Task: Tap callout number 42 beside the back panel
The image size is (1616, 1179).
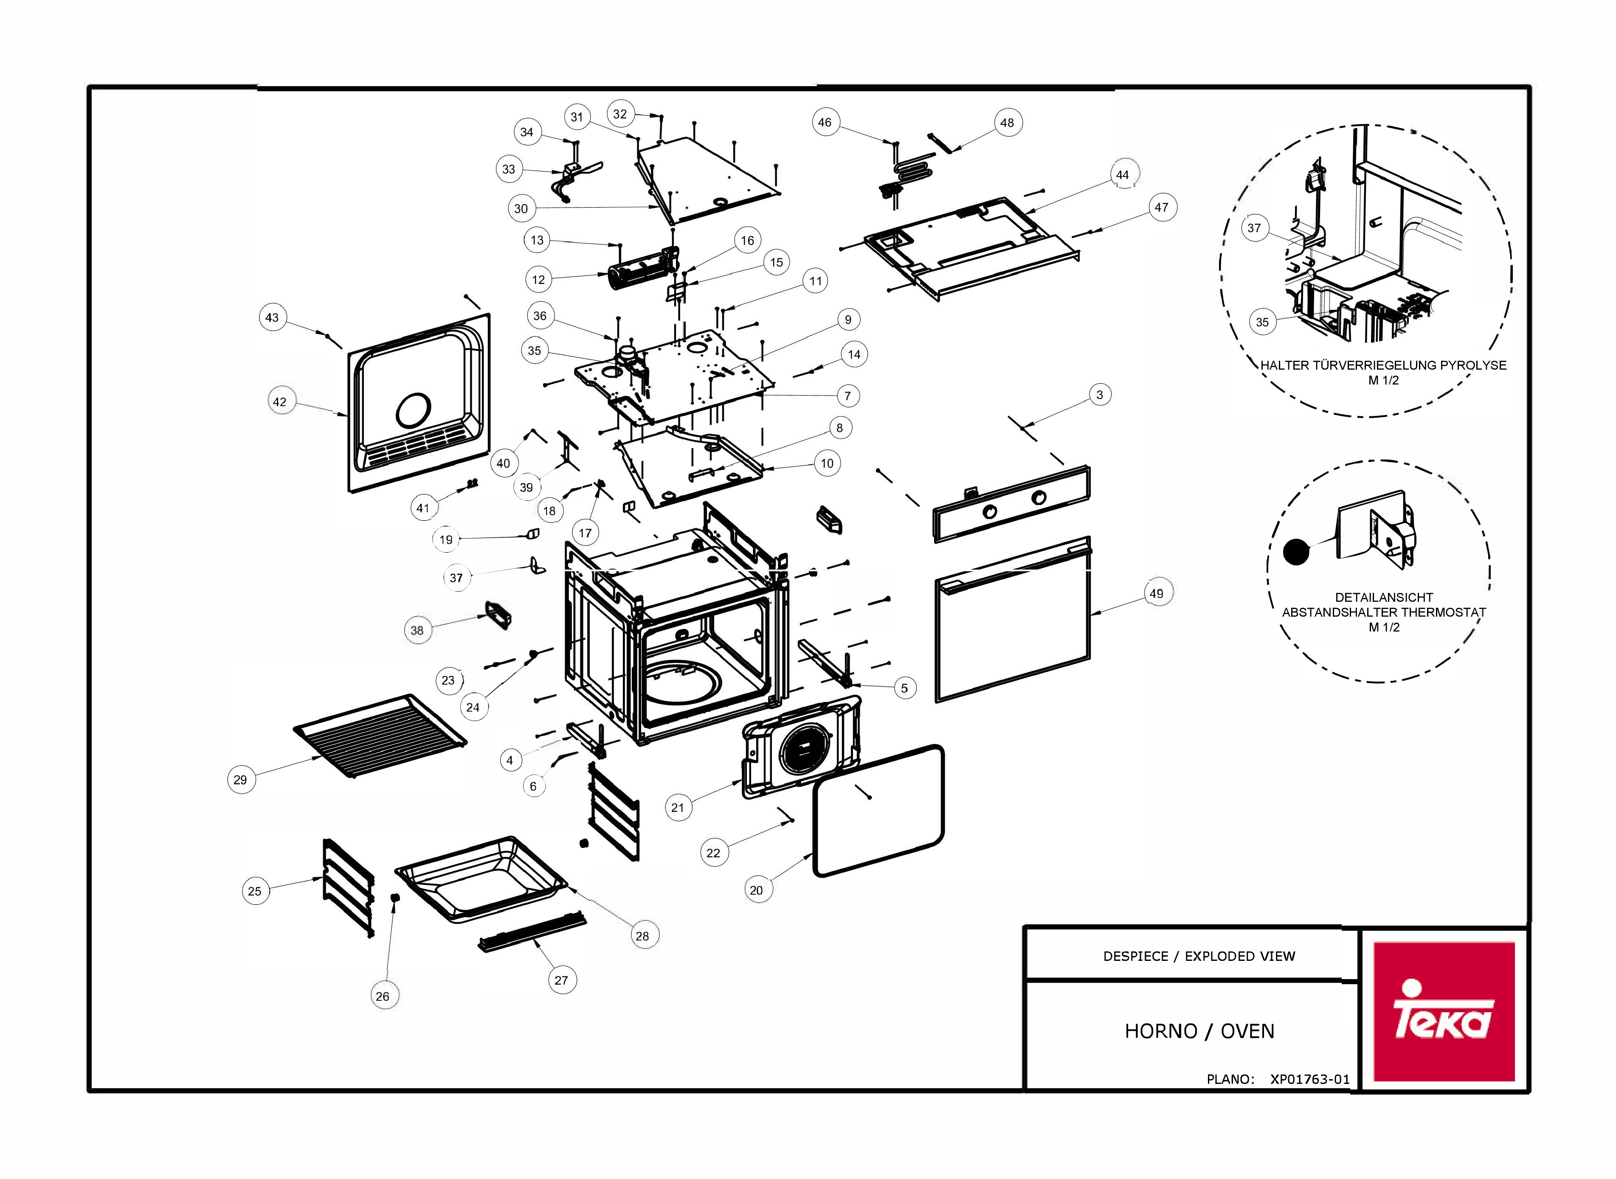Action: [x=280, y=402]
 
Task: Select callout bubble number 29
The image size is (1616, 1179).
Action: [x=241, y=779]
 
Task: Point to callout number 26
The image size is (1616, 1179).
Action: [x=383, y=997]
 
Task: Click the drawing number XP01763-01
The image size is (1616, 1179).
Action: [x=1310, y=1079]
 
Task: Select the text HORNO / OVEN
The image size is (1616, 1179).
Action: [x=1199, y=1031]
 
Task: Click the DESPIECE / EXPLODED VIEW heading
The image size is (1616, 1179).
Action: [x=1199, y=956]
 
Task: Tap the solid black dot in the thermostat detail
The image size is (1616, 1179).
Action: [x=1296, y=552]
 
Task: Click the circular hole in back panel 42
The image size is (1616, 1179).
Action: [x=413, y=411]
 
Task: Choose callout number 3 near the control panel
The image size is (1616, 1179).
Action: [x=1099, y=395]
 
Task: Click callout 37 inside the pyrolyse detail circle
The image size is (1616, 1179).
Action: [x=1254, y=228]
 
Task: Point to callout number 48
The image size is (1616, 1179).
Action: [x=1007, y=123]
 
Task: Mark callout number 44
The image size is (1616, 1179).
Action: [x=1122, y=175]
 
